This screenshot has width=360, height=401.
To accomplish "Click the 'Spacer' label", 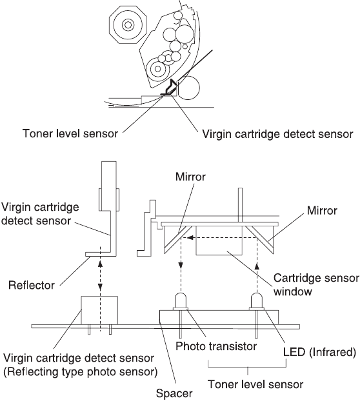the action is coord(174,393).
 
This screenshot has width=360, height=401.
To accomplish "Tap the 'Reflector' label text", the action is coord(32,285).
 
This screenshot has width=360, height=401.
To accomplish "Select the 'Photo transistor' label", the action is coord(216,346).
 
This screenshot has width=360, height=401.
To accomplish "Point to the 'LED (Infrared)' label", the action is coord(319,352).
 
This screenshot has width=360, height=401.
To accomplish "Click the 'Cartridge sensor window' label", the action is coord(316,285).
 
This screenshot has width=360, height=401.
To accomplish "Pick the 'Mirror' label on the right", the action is coord(322,210).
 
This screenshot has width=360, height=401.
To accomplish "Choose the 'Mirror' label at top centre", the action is coord(190,177).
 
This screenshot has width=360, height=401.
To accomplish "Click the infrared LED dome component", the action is coord(257,301).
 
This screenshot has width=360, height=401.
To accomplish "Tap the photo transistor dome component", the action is coord(181,301).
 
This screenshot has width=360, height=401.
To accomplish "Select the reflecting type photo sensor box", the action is coord(99,311).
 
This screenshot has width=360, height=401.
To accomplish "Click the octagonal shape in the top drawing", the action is coord(128,24).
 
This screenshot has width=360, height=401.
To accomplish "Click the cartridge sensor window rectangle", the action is coord(219,240).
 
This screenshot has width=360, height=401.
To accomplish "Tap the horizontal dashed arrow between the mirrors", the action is coord(222,238).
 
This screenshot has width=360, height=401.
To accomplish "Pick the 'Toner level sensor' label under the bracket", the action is coord(255,384).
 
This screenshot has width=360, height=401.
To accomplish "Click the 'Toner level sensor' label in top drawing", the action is coord(70,133).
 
